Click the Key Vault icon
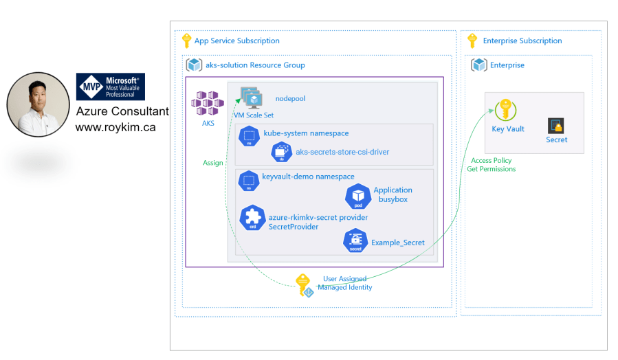pyautogui.click(x=505, y=111)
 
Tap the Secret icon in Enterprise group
pyautogui.click(x=556, y=126)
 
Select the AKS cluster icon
pyautogui.click(x=208, y=103)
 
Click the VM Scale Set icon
pyautogui.click(x=253, y=99)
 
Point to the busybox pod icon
pyautogui.click(x=357, y=196)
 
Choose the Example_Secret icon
pyautogui.click(x=355, y=241)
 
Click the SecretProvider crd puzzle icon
pyautogui.click(x=252, y=218)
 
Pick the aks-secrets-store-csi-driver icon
pyautogui.click(x=282, y=152)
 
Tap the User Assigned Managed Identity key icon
pyautogui.click(x=304, y=284)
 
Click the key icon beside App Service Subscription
pyautogui.click(x=186, y=41)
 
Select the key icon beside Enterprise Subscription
pyautogui.click(x=472, y=41)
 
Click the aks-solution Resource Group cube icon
pyautogui.click(x=194, y=65)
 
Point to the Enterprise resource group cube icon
pyautogui.click(x=478, y=65)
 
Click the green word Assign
pyautogui.click(x=213, y=163)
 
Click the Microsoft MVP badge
pyautogui.click(x=110, y=87)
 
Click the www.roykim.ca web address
pyautogui.click(x=115, y=128)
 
